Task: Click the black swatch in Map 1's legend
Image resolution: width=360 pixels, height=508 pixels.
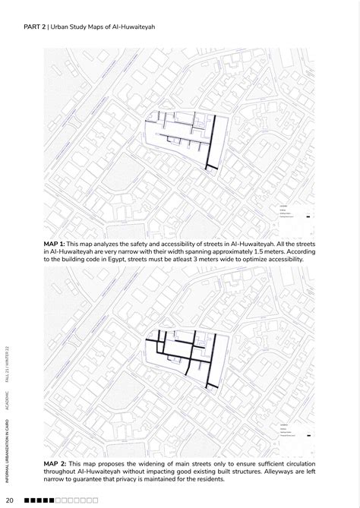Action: (309, 218)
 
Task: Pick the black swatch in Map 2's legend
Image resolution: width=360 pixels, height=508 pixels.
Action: (309, 435)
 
